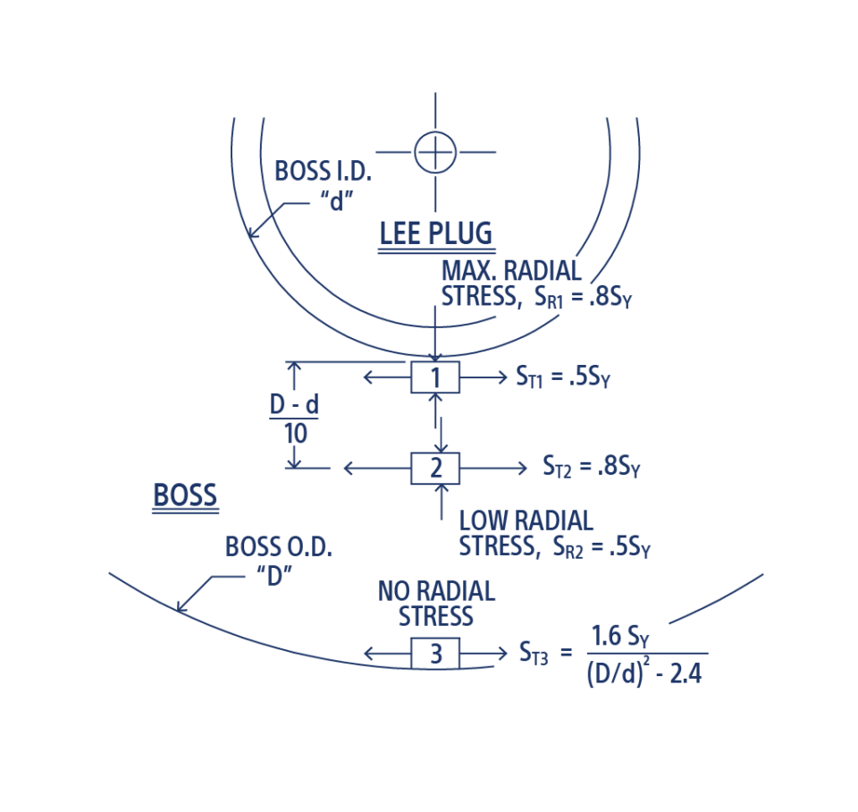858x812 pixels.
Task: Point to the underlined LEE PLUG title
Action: tap(436, 233)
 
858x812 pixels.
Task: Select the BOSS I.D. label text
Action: tap(323, 171)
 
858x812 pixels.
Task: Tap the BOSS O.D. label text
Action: tap(279, 546)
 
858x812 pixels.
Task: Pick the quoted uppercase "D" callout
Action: tap(274, 575)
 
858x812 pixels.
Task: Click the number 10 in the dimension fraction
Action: tap(295, 434)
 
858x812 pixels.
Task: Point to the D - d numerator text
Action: tap(294, 404)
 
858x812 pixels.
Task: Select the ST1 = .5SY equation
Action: tap(563, 376)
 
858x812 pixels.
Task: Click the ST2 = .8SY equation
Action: tap(591, 467)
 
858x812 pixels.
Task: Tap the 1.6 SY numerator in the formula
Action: tap(620, 636)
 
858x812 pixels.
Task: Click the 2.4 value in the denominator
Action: tap(686, 673)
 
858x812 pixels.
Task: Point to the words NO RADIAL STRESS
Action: tap(436, 604)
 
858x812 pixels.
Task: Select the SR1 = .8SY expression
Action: tap(583, 297)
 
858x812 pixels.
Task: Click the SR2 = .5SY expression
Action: tap(601, 547)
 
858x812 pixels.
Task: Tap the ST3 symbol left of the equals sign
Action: tap(533, 653)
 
